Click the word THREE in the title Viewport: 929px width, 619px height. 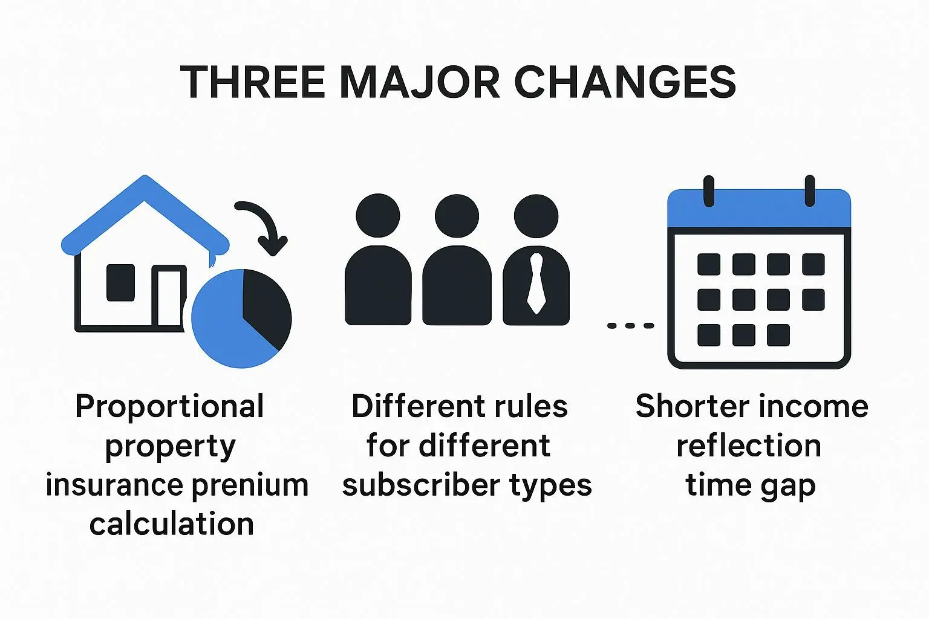tap(253, 82)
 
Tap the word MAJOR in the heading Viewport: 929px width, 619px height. tap(420, 82)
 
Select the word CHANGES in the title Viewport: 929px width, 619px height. tap(625, 82)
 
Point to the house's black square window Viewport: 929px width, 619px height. tap(121, 282)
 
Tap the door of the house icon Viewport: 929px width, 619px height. tap(169, 297)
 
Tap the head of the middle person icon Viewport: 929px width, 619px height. tap(457, 216)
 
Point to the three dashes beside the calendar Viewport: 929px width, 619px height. tap(630, 325)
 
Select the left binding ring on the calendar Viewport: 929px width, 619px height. tap(709, 191)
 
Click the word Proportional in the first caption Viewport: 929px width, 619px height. tap(169, 407)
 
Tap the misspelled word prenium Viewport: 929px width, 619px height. tap(250, 485)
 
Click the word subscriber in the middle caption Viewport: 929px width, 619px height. tap(420, 484)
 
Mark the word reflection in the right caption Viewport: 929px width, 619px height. tap(749, 446)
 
